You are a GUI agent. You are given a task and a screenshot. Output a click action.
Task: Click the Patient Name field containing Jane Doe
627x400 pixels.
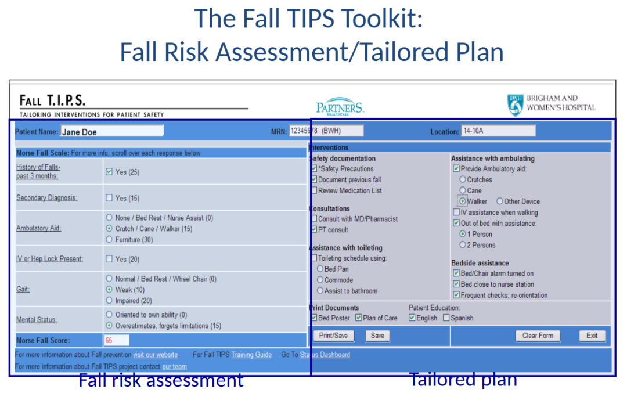[112, 131]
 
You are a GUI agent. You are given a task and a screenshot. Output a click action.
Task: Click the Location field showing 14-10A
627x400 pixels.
[498, 131]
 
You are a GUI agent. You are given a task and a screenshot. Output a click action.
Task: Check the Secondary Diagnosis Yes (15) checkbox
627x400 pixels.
[109, 197]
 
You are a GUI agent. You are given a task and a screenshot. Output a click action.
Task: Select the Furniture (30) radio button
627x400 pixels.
[109, 239]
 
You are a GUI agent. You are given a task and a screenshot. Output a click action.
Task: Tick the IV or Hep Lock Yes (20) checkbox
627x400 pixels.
[109, 259]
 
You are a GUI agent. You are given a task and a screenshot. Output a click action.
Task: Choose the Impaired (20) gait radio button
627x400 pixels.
[109, 300]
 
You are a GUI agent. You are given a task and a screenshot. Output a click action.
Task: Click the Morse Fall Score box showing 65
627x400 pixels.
[116, 340]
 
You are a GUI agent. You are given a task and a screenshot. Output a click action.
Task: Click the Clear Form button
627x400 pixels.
[538, 336]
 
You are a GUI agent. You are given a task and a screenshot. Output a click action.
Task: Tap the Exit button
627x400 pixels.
[592, 336]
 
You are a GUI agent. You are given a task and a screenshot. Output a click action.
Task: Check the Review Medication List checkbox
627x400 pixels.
[314, 190]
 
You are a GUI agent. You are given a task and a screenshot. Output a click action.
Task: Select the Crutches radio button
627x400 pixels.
[463, 179]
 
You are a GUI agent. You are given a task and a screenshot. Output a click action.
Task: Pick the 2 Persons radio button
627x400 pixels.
[463, 244]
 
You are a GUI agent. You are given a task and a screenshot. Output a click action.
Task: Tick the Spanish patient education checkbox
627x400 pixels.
[446, 318]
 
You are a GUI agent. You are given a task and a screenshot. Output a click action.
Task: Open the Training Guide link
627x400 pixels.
[251, 355]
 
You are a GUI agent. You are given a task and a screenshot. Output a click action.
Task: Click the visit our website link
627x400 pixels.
[156, 355]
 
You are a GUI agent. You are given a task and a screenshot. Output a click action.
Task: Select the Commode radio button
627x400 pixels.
[320, 280]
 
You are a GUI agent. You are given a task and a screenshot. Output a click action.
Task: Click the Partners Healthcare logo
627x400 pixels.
[340, 106]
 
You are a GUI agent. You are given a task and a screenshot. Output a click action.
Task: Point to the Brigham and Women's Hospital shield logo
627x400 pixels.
[516, 105]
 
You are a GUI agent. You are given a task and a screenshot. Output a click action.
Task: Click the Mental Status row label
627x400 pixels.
[37, 320]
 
